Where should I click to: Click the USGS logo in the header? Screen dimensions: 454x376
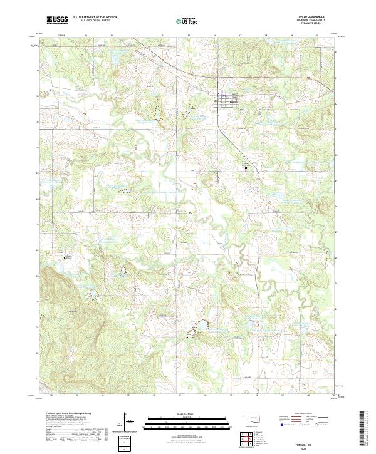[x=58, y=20]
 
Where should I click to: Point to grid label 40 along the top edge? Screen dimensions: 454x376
[x=316, y=36]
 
